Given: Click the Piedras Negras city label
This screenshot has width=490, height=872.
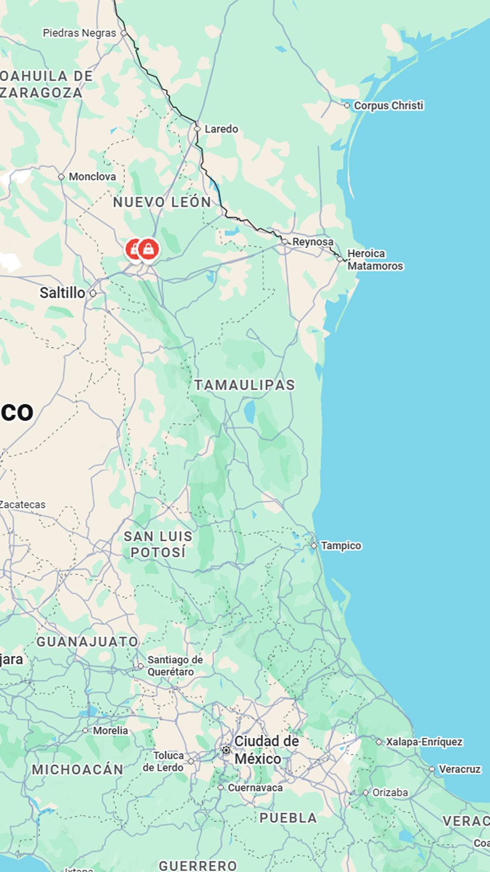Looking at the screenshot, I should point(79,33).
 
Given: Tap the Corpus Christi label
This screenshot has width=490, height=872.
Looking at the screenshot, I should point(388,105).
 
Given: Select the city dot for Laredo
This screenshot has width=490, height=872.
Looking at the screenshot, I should point(197,129).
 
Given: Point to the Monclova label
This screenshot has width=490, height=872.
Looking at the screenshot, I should point(92,177).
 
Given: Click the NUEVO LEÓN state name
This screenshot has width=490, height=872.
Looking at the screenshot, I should point(162,202).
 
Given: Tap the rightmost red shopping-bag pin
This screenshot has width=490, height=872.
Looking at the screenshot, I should point(148,249).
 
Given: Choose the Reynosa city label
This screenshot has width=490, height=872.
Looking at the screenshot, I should point(313,242).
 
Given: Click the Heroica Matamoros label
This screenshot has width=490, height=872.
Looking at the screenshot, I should point(375,260).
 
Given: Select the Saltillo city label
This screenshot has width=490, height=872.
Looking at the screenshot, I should point(62,293).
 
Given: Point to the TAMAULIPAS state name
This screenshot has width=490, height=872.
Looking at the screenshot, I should point(245,385).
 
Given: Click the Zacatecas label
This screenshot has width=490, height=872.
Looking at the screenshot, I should point(23,505).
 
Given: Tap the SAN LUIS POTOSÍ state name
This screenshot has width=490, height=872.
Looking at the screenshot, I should point(158,544).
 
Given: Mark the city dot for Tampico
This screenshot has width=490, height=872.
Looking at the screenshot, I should point(314,545).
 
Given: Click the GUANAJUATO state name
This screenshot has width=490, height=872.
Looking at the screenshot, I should point(87,642).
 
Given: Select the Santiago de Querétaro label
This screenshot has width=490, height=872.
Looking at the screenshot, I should point(175,665).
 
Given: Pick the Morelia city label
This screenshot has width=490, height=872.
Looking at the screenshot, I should point(110,730).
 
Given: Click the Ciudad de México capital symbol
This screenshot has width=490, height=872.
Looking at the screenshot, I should point(226,750).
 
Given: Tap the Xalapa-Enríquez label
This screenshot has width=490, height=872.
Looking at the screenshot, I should point(424,742).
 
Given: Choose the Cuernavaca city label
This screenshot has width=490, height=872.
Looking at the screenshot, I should point(255,788).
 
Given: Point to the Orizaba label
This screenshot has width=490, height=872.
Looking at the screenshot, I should point(390,793).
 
